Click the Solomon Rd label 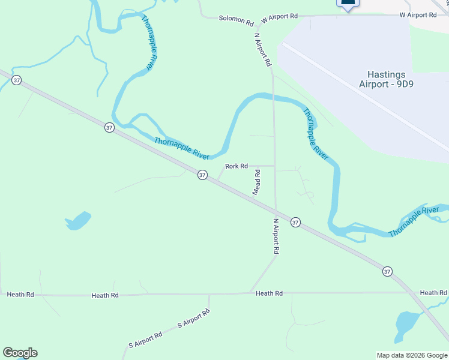click(236, 20)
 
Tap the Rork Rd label click(237, 166)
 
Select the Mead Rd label click(256, 182)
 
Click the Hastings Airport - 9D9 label click(387, 79)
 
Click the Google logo click(20, 353)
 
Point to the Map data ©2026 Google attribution click(411, 355)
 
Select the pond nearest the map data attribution click(407, 324)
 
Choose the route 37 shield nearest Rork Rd click(202, 175)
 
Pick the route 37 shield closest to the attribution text click(388, 271)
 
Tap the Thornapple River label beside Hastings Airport click(316, 133)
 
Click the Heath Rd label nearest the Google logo click(20, 295)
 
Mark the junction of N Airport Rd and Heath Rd click(250, 293)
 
